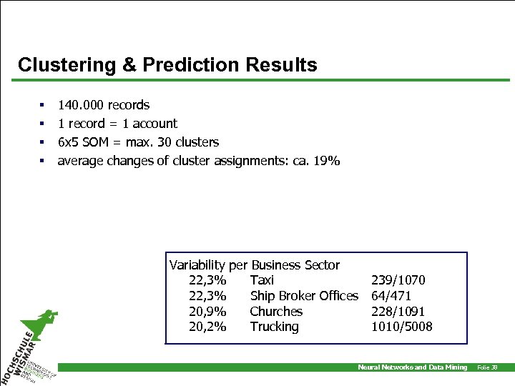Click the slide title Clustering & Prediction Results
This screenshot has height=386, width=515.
click(167, 65)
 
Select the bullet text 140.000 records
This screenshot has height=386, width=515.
click(104, 105)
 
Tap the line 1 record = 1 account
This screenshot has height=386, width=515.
click(117, 124)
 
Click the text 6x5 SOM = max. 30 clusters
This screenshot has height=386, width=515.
click(138, 142)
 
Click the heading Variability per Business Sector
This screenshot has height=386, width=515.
click(254, 265)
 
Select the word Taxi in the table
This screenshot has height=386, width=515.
click(262, 280)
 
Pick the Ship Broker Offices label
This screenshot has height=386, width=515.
click(304, 296)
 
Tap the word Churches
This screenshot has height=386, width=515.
click(276, 312)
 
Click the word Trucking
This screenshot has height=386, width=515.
click(274, 327)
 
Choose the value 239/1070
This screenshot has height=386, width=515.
click(398, 280)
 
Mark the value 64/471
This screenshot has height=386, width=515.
click(391, 296)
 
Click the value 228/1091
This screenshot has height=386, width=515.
click(398, 312)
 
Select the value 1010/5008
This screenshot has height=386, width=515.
click(401, 327)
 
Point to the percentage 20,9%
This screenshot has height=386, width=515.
click(207, 312)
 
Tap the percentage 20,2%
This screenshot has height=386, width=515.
click(207, 327)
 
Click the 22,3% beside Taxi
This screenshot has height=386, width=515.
click(207, 280)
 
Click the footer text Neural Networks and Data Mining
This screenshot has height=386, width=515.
click(412, 367)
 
